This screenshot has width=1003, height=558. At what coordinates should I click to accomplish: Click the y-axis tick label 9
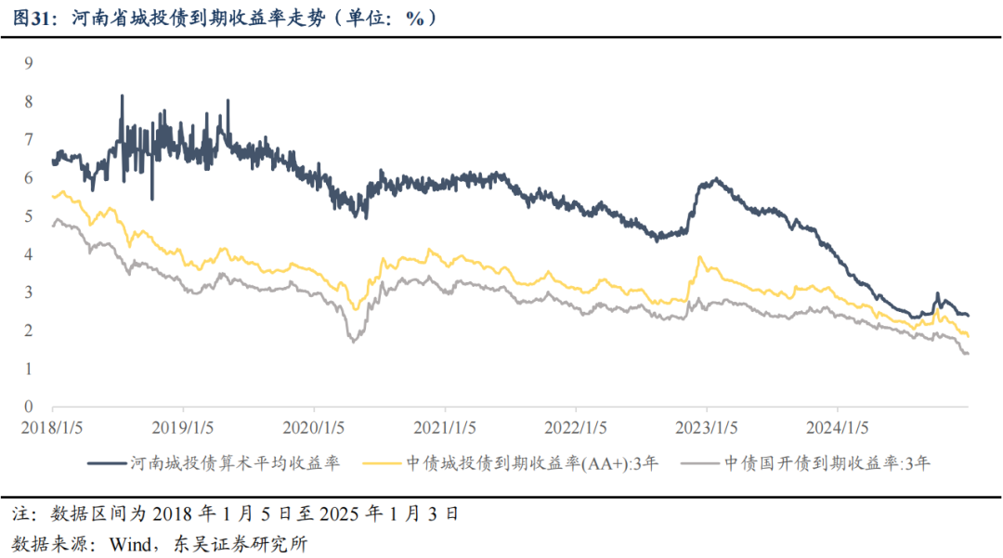[x=29, y=63]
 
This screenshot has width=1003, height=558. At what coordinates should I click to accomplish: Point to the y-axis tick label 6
[x=29, y=177]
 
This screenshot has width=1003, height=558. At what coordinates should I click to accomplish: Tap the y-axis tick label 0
[x=29, y=407]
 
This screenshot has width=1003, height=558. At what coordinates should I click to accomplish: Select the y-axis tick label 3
[x=29, y=292]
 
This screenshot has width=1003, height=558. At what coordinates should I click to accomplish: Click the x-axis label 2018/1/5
[x=52, y=428]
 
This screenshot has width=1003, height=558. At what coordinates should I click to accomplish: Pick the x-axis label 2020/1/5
[x=314, y=428]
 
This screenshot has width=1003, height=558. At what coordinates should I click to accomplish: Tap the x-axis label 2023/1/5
[x=706, y=428]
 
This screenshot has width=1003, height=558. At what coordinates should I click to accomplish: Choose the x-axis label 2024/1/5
[x=837, y=428]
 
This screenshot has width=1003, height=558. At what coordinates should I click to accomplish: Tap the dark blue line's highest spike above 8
[x=122, y=96]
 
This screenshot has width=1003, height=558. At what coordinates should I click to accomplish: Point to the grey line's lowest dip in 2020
[x=354, y=342]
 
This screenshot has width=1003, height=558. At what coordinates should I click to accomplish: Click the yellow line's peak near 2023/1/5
[x=699, y=257]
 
